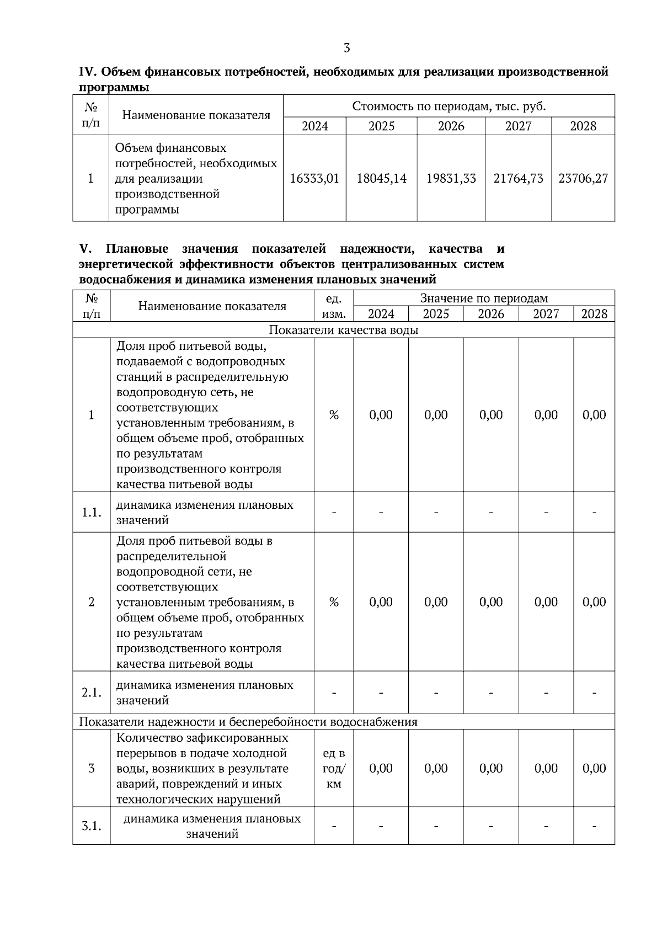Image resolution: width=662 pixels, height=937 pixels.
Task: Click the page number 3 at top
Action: click(x=346, y=48)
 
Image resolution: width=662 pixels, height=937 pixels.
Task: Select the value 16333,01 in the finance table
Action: click(x=314, y=179)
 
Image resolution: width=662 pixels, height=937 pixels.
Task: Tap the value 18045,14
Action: click(x=381, y=179)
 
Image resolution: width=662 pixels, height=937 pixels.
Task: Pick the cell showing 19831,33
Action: click(x=451, y=179)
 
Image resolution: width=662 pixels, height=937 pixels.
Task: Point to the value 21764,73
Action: click(x=518, y=179)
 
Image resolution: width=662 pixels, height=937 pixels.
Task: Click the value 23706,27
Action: click(x=583, y=179)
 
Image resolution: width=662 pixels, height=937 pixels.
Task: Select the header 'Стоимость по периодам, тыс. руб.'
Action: click(x=449, y=107)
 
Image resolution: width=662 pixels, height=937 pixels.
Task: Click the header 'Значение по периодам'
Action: click(x=484, y=299)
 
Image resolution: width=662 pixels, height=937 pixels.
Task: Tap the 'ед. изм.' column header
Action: click(x=334, y=306)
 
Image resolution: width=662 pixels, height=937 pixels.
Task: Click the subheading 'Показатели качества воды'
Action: click(x=343, y=330)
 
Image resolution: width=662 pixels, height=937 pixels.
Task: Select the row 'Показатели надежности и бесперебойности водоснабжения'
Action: click(x=248, y=722)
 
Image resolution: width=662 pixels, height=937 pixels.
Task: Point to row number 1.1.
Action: click(x=91, y=512)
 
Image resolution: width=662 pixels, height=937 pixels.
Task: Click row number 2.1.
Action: click(x=91, y=693)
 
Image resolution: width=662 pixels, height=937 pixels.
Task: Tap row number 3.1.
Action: click(x=91, y=826)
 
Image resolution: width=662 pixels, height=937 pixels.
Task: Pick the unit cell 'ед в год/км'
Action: click(x=334, y=768)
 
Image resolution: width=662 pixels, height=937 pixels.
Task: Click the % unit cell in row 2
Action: click(x=334, y=602)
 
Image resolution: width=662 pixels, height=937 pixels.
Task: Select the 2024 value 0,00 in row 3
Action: click(x=381, y=768)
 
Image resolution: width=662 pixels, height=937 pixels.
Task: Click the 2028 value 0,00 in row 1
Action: click(x=594, y=415)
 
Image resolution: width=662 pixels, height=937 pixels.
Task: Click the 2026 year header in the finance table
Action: click(x=451, y=126)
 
